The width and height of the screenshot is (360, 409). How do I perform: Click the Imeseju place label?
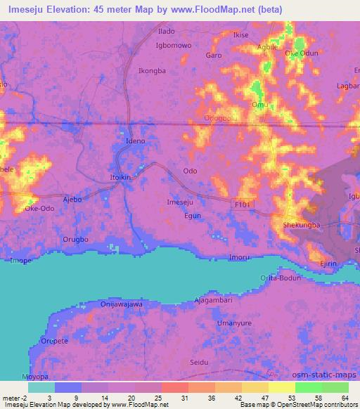click(179, 202)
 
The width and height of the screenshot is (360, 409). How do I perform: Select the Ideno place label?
click(135, 141)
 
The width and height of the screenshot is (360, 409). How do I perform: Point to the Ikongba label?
click(152, 71)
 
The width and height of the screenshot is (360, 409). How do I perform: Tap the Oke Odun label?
click(301, 53)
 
